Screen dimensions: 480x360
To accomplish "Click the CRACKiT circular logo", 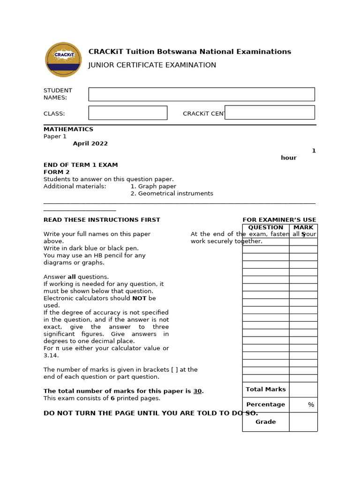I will (x=63, y=60).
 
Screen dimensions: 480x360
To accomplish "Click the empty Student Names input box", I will (x=202, y=94).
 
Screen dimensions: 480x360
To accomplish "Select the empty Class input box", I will (x=127, y=113).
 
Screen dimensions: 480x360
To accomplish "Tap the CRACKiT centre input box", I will (x=270, y=112).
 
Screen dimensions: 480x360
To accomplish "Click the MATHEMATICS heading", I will (x=68, y=129).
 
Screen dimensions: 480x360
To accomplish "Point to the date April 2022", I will (x=90, y=144).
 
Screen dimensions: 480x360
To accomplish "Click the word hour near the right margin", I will (x=289, y=158).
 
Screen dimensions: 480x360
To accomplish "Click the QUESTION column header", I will (x=266, y=228).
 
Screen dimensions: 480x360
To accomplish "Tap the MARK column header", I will (x=303, y=228).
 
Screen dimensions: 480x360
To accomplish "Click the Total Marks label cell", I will (x=266, y=390).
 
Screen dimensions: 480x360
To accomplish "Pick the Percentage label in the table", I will (x=266, y=405).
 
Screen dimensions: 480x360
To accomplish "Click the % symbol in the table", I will (x=311, y=405).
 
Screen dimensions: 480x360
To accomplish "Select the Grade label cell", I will (x=266, y=422).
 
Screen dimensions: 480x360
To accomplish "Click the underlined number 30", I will (x=197, y=391).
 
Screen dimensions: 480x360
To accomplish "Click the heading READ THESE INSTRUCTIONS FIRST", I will (x=102, y=220).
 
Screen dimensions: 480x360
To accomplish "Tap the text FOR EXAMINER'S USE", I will (x=279, y=220).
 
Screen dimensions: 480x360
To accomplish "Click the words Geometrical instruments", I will (x=175, y=194).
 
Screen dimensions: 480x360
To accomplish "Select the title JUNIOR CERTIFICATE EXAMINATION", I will (x=152, y=65).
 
